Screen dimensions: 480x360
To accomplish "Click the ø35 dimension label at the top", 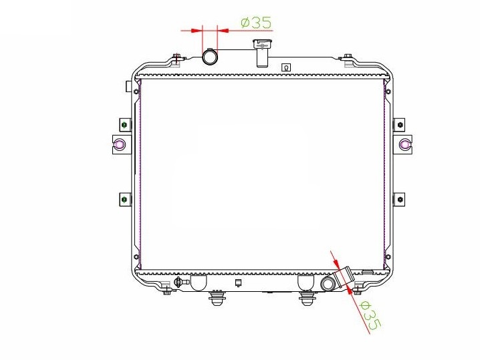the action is coord(256,22).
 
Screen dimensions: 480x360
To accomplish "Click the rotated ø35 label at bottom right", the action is coord(371,316).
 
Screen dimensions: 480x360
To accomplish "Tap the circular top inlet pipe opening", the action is coord(210,57).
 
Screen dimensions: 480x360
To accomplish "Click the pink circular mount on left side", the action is coord(119,144).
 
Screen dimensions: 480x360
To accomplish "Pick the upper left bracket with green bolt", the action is coord(125,125).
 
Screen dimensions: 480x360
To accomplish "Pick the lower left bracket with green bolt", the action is coord(125,200).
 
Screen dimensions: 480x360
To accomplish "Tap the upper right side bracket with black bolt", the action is coord(399,125).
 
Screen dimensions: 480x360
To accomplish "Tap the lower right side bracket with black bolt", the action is coord(399,200).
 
